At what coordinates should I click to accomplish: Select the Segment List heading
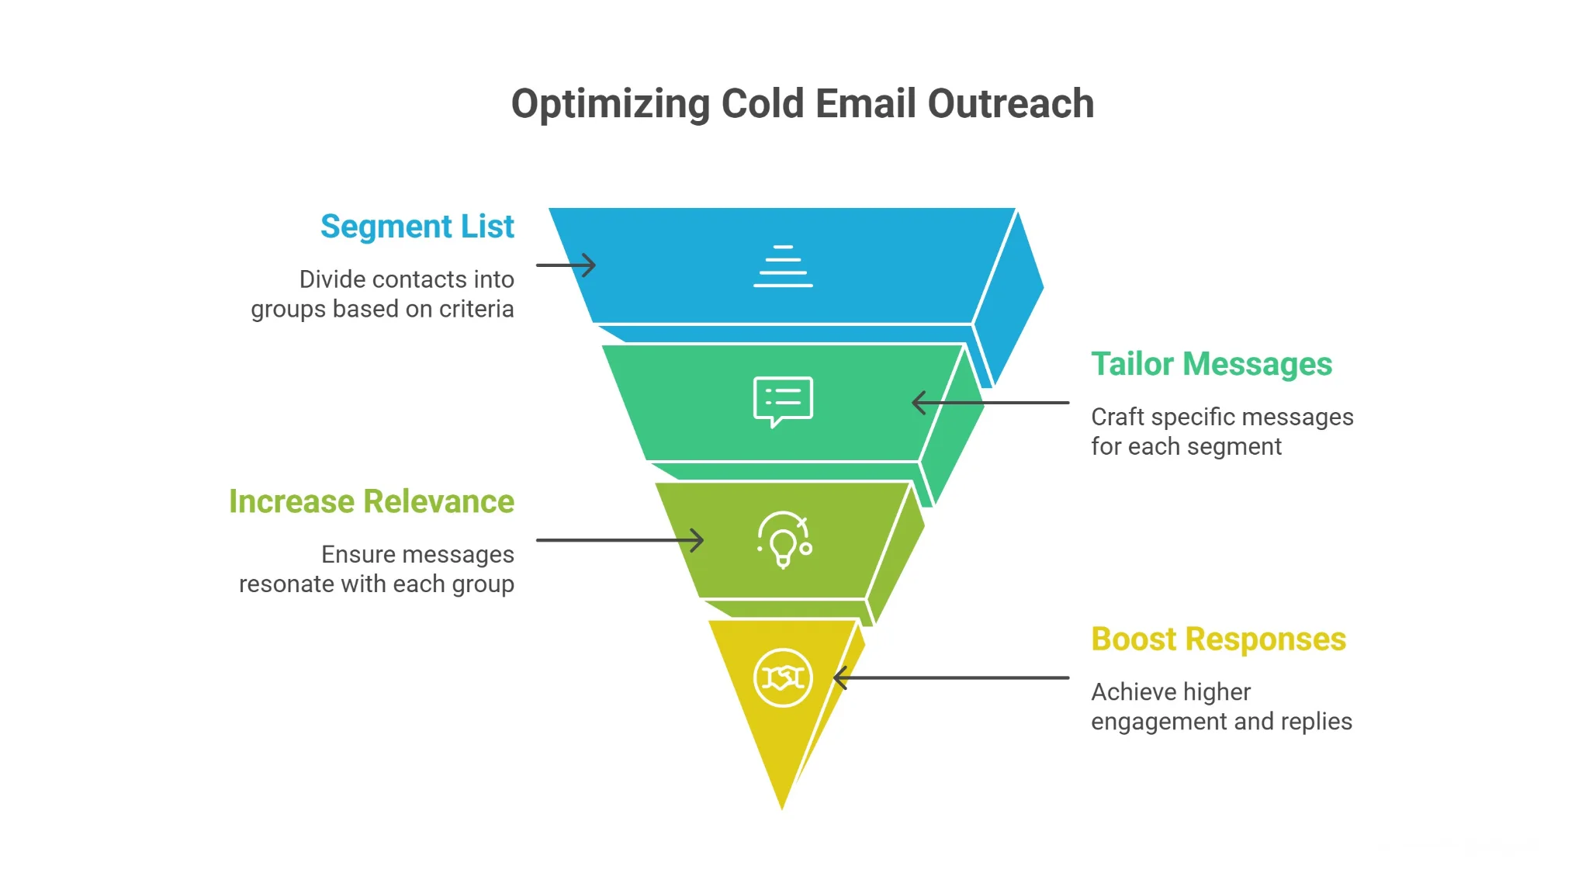point(417,227)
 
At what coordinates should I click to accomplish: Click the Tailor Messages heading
point(1211,364)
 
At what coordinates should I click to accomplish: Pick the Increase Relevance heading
point(371,501)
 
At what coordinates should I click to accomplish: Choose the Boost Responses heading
point(1218,639)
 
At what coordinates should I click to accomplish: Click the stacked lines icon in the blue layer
point(783,266)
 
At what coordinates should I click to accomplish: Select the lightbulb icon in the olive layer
point(784,540)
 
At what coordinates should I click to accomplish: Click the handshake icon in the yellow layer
point(783,677)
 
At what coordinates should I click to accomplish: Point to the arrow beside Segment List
point(566,265)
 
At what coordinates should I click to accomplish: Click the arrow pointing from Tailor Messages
point(990,403)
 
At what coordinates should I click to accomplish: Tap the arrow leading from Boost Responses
point(950,677)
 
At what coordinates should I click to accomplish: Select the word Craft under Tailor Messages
point(1118,417)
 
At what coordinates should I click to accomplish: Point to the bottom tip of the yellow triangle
point(782,807)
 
